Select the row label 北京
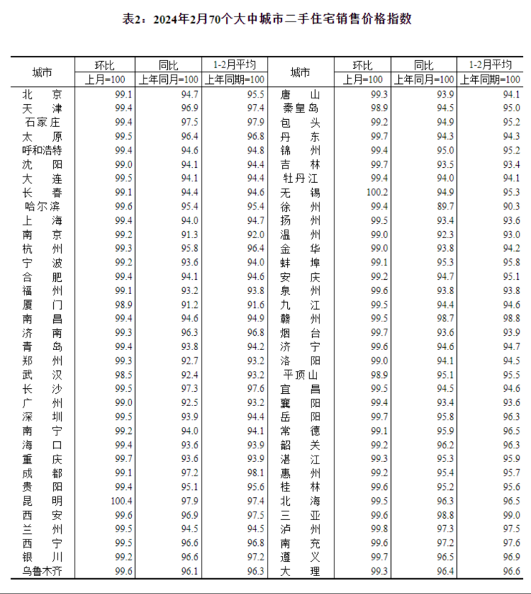point(42,94)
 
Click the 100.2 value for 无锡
point(377,192)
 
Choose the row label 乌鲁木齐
point(42,570)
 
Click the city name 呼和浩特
point(42,150)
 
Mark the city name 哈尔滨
point(42,206)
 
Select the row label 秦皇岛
point(300,108)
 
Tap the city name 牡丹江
point(300,178)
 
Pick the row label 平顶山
point(300,374)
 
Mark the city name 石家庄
point(42,122)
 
